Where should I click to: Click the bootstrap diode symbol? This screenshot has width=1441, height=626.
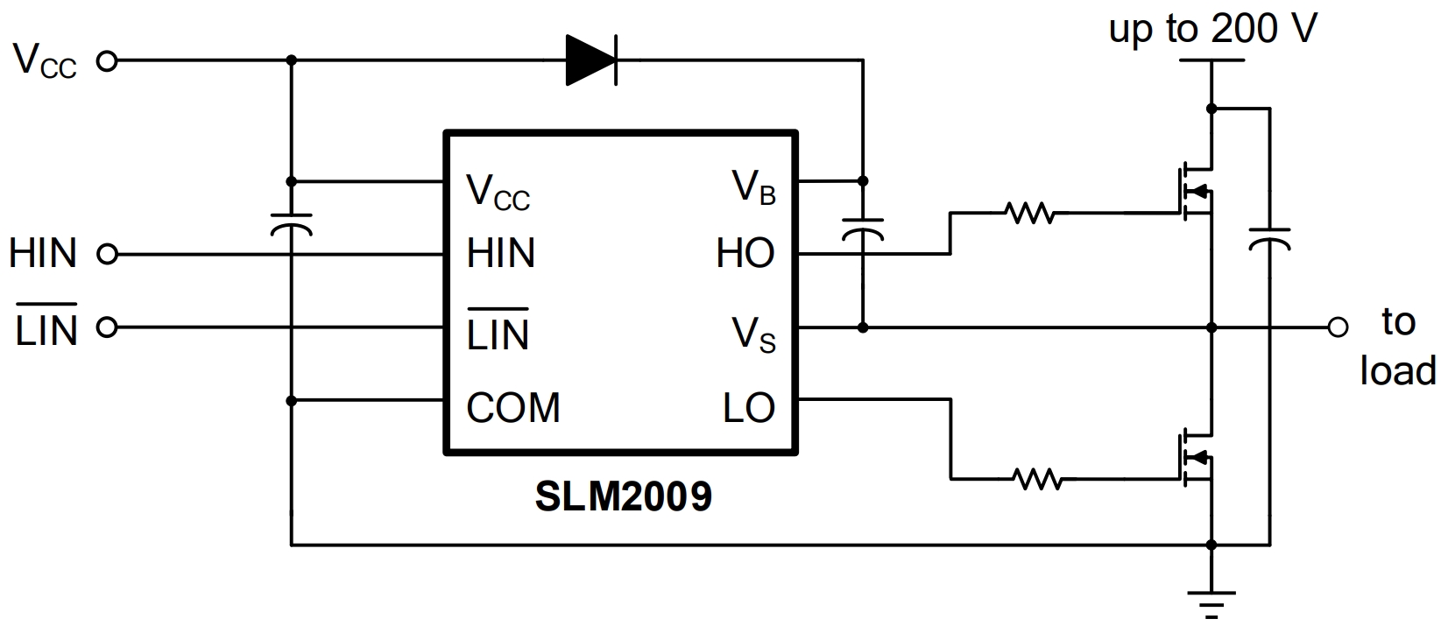pos(591,60)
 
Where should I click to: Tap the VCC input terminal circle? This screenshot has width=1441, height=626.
pos(107,61)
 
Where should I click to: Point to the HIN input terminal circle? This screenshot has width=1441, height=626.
pos(107,255)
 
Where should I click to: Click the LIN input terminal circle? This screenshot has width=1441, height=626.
pos(107,327)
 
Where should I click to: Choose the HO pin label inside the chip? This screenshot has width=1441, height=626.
pos(745,254)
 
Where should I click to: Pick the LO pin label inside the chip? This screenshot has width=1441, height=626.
pos(749,408)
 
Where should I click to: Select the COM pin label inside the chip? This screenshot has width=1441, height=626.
pos(512,408)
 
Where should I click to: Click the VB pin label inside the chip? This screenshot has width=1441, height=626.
pos(753,186)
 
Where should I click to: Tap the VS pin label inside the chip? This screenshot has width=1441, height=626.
pos(753,334)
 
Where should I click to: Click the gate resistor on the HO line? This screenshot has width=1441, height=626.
pos(1029,212)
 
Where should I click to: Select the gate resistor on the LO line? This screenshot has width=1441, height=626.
pos(1038,479)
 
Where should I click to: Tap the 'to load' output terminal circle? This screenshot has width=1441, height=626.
pos(1338,327)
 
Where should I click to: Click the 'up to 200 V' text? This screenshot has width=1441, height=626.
pos(1212,30)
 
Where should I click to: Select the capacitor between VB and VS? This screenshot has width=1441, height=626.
pos(863,229)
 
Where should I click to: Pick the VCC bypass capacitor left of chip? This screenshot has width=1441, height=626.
pos(291,224)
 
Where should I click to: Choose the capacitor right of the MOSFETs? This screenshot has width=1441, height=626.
pos(1268,239)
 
